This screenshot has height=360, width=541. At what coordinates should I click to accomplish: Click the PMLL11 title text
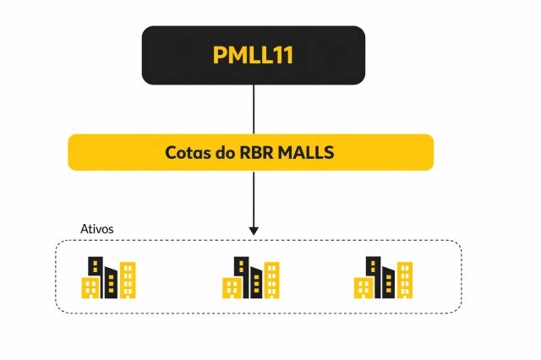click(253, 55)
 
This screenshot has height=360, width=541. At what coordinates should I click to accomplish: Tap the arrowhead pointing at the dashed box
click(254, 230)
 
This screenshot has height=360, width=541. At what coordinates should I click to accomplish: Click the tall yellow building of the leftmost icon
click(128, 280)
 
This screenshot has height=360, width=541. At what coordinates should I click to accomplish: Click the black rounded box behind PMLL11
click(169, 55)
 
